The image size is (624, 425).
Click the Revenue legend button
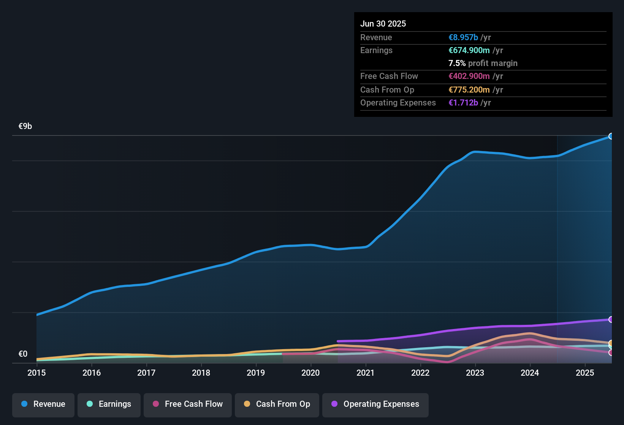tap(43, 404)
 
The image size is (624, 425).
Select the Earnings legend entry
tap(109, 404)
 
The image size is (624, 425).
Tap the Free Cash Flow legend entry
tap(188, 404)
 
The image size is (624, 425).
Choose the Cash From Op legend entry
tap(277, 404)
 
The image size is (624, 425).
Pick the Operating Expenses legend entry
tap(375, 404)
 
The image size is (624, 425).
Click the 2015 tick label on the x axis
tap(36, 373)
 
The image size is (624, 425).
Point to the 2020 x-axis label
tap(310, 373)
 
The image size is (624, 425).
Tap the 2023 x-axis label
tap(475, 373)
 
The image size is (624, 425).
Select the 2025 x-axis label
tap(585, 373)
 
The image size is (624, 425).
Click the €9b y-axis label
tap(25, 126)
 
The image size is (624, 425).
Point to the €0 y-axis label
tap(23, 354)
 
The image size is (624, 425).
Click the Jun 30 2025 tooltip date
tap(383, 24)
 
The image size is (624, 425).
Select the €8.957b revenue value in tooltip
tap(463, 37)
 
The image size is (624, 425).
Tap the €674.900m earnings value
tap(469, 50)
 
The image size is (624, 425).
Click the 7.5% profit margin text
tap(483, 63)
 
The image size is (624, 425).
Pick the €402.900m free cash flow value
tap(469, 76)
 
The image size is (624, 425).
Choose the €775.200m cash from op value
tap(469, 90)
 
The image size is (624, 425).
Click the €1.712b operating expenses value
tap(463, 102)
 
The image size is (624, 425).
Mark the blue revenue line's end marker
tap(611, 136)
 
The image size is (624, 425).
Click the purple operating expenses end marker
tap(611, 320)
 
